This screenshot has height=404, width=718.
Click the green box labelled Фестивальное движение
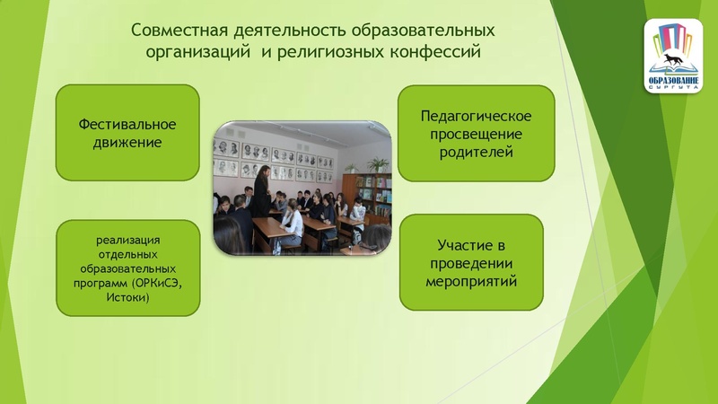(127, 132)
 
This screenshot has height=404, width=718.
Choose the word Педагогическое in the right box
(476, 116)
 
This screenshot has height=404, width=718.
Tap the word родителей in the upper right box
(476, 152)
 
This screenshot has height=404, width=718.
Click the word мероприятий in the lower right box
(470, 281)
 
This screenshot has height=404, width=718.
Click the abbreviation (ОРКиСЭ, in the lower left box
(162, 283)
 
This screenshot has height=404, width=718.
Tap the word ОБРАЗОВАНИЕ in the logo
(673, 83)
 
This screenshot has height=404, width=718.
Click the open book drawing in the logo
(673, 70)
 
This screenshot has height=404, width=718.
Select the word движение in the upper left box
(127, 142)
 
